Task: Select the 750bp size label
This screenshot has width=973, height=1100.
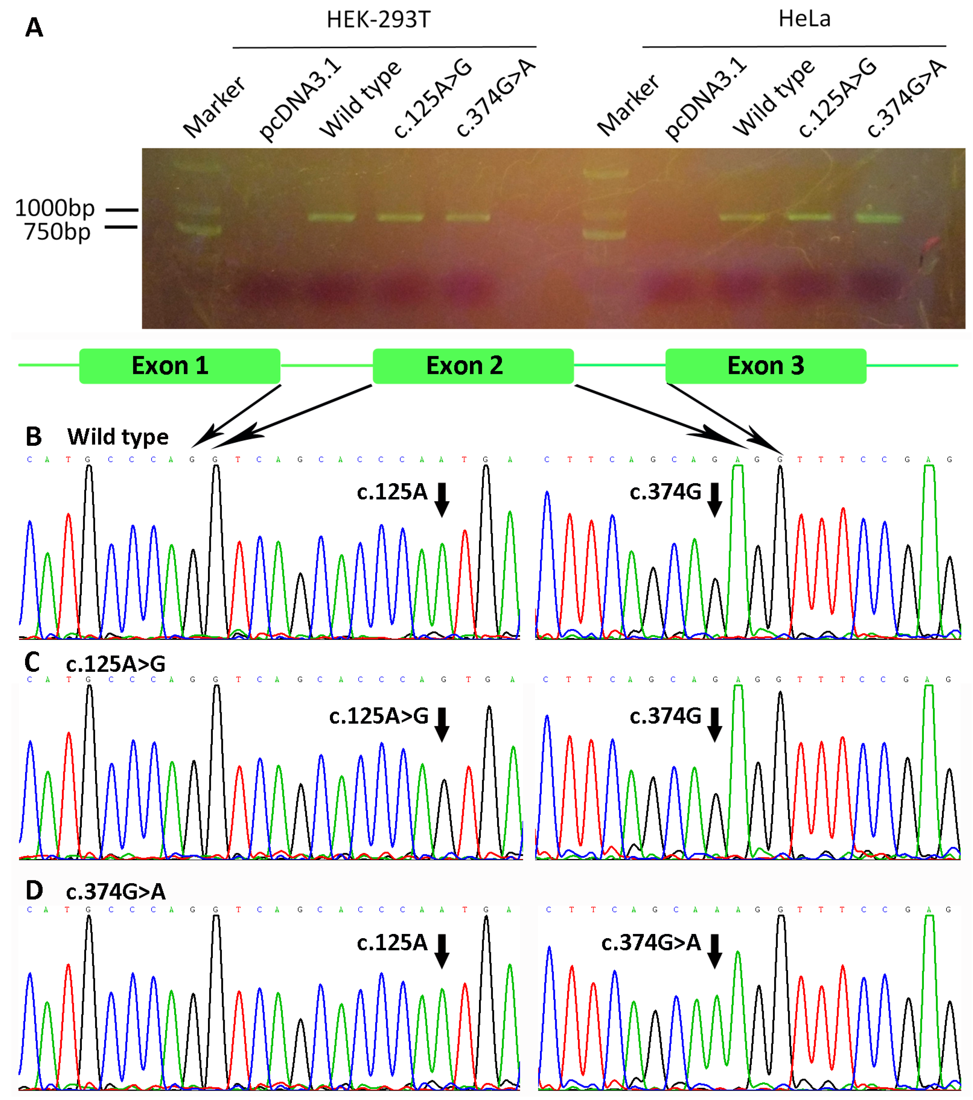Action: point(57,232)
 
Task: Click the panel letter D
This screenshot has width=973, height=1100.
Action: point(34,891)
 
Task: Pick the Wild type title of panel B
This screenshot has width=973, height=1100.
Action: point(117,437)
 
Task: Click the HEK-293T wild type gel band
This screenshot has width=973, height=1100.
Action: point(331,218)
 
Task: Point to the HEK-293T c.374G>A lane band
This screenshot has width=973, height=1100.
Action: point(468,218)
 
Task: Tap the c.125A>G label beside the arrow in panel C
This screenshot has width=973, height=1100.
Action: point(379,716)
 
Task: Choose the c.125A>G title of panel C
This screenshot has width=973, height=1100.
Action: point(115,664)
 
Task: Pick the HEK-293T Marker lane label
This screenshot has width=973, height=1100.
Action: point(214,107)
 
